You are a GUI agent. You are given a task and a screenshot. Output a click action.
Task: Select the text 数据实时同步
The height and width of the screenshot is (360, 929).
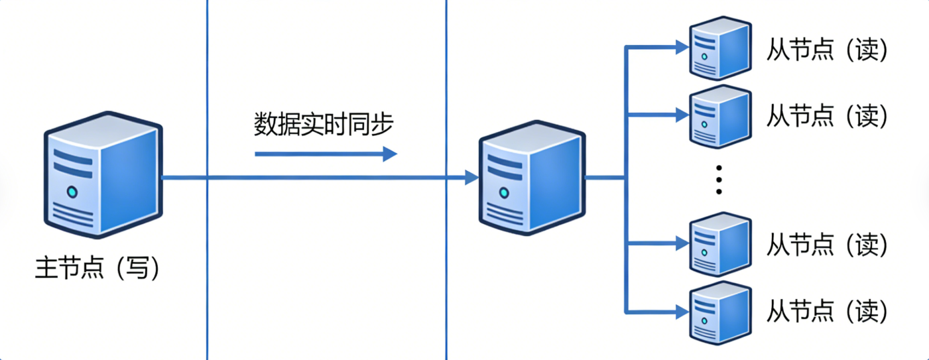point(324,124)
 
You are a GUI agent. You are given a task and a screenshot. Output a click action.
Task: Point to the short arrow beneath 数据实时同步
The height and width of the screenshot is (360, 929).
point(326,154)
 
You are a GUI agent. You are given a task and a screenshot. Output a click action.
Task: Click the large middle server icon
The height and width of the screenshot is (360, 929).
point(532,178)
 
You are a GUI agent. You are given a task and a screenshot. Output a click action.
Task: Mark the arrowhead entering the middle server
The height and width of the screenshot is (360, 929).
point(471,178)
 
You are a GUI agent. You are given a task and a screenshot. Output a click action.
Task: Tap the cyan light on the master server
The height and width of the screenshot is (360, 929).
point(72,192)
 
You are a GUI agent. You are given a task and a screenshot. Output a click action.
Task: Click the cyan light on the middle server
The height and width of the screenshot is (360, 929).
point(504,192)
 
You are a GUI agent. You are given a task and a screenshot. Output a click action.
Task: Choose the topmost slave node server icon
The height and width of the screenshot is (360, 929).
point(720,48)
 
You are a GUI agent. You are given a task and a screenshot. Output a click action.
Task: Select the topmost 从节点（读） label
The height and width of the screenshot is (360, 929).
point(826,50)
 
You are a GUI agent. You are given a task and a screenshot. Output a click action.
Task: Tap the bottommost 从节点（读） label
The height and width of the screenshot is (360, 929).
point(826,311)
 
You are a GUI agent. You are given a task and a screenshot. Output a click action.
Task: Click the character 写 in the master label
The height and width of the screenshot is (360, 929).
point(137,269)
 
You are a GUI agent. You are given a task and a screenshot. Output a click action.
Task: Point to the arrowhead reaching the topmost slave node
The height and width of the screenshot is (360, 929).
point(682,47)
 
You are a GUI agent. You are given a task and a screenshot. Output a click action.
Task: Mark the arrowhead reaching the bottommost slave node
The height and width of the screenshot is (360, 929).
point(682,310)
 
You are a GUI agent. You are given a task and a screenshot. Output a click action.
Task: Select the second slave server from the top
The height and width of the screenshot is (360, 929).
point(720,115)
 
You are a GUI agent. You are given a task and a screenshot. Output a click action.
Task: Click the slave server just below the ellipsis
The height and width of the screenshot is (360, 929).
point(720,243)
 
